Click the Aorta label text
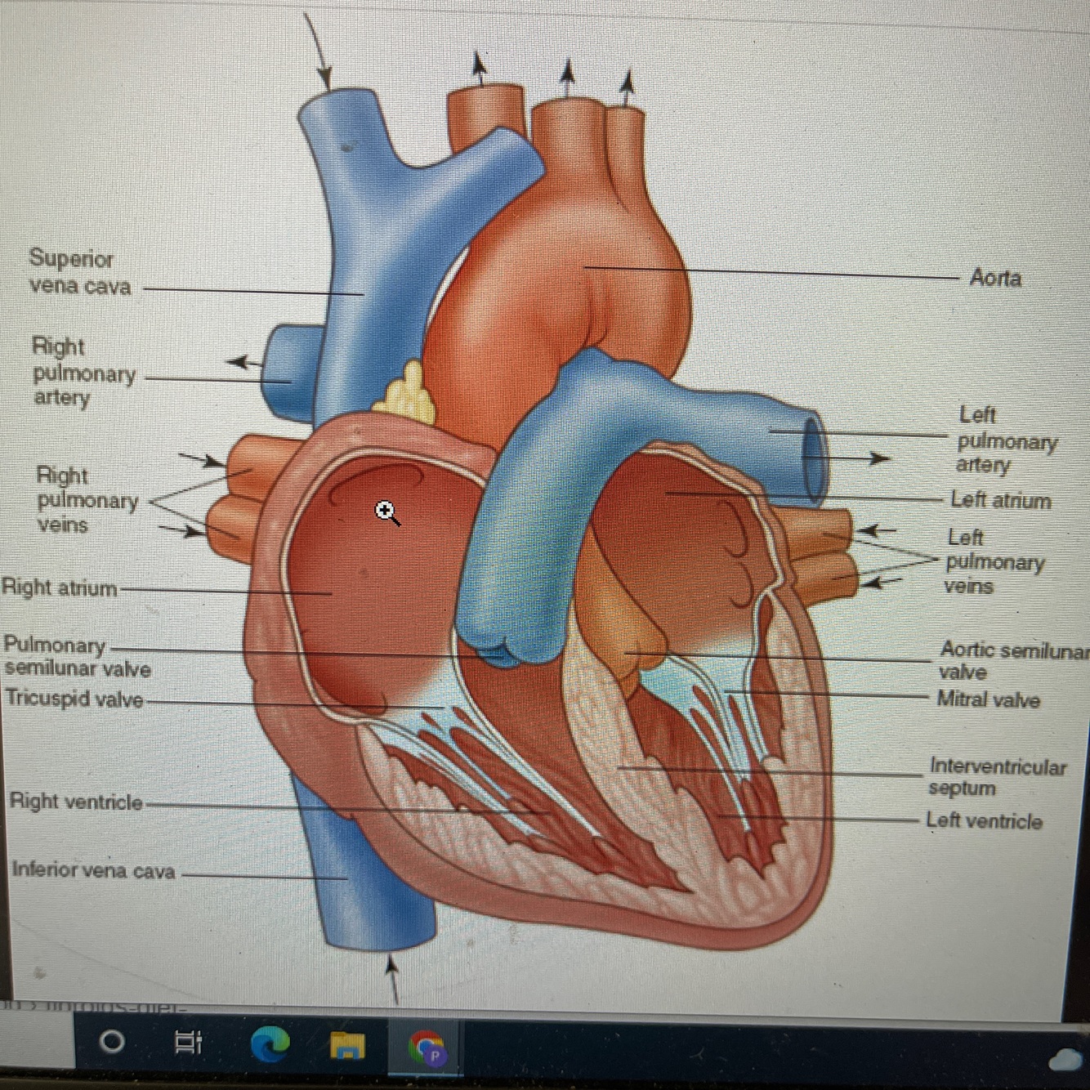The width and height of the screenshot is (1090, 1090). click(x=995, y=278)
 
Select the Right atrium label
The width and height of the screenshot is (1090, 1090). click(x=59, y=587)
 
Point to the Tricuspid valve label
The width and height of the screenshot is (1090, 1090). click(x=74, y=699)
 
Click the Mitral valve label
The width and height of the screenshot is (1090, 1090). click(x=988, y=699)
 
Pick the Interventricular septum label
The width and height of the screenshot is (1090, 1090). click(x=997, y=777)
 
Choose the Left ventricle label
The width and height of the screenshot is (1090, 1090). click(x=984, y=820)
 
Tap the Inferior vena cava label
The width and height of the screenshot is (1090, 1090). click(x=93, y=870)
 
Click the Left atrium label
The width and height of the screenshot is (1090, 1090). click(x=1000, y=500)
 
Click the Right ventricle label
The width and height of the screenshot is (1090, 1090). click(x=76, y=802)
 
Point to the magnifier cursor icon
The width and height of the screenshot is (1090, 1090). click(x=386, y=513)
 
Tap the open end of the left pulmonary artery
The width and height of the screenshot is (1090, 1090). click(x=815, y=458)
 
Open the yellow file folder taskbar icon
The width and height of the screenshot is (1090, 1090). click(x=346, y=1043)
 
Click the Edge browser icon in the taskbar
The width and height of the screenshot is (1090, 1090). click(x=270, y=1043)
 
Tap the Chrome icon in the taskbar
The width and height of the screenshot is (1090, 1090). click(x=426, y=1047)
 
